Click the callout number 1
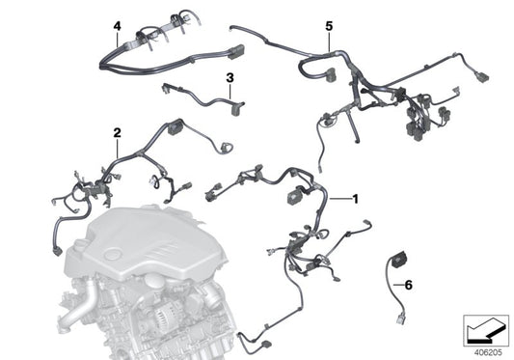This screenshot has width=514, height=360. (355, 199)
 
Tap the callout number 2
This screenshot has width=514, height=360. (117, 132)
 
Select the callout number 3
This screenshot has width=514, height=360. (229, 76)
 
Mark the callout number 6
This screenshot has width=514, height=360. (407, 285)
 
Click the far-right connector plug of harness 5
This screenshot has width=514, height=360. (485, 74)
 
